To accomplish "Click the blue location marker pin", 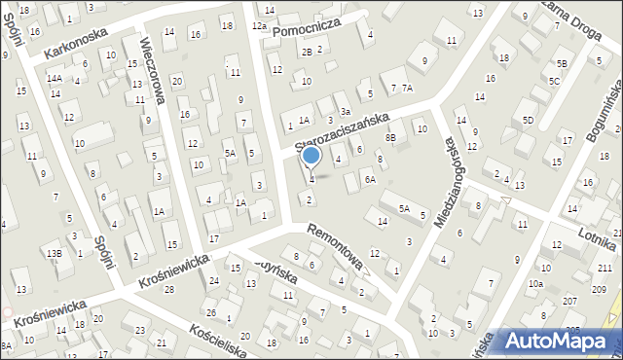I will (311, 157).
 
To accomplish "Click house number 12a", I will (258, 26).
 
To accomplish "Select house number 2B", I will (307, 52).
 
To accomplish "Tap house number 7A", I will (408, 89).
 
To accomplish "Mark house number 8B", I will (390, 139).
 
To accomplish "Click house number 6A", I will (369, 180).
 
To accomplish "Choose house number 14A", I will (55, 78).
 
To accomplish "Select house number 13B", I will (55, 254).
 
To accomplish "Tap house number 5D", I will (528, 120).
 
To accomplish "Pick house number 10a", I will (535, 284).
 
